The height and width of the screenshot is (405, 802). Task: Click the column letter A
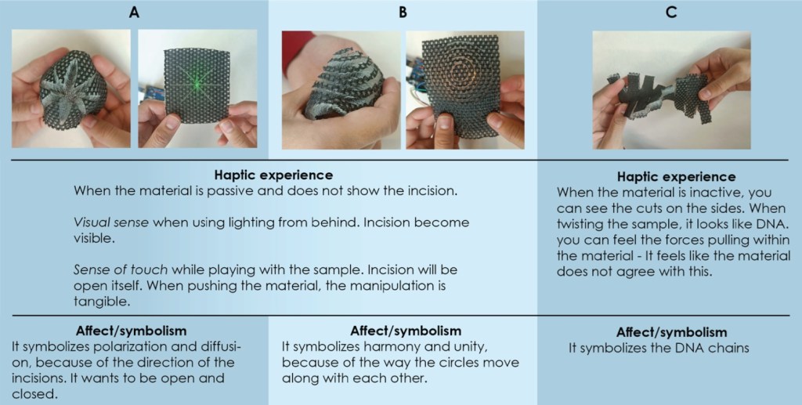click(134, 13)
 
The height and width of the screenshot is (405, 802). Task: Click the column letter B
click(403, 13)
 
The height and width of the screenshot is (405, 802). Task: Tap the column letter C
click(671, 13)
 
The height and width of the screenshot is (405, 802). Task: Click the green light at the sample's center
click(195, 85)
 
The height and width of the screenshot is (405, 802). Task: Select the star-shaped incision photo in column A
click(71, 89)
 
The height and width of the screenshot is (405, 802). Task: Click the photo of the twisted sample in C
click(671, 90)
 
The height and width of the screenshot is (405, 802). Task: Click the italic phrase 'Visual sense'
click(111, 222)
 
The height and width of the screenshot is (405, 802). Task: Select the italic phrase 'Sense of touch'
click(121, 269)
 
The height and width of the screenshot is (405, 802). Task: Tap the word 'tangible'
click(102, 302)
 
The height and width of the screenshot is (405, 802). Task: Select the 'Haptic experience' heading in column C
click(676, 177)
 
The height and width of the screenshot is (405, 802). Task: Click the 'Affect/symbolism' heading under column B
click(405, 331)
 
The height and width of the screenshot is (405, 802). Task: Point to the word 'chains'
click(729, 349)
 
